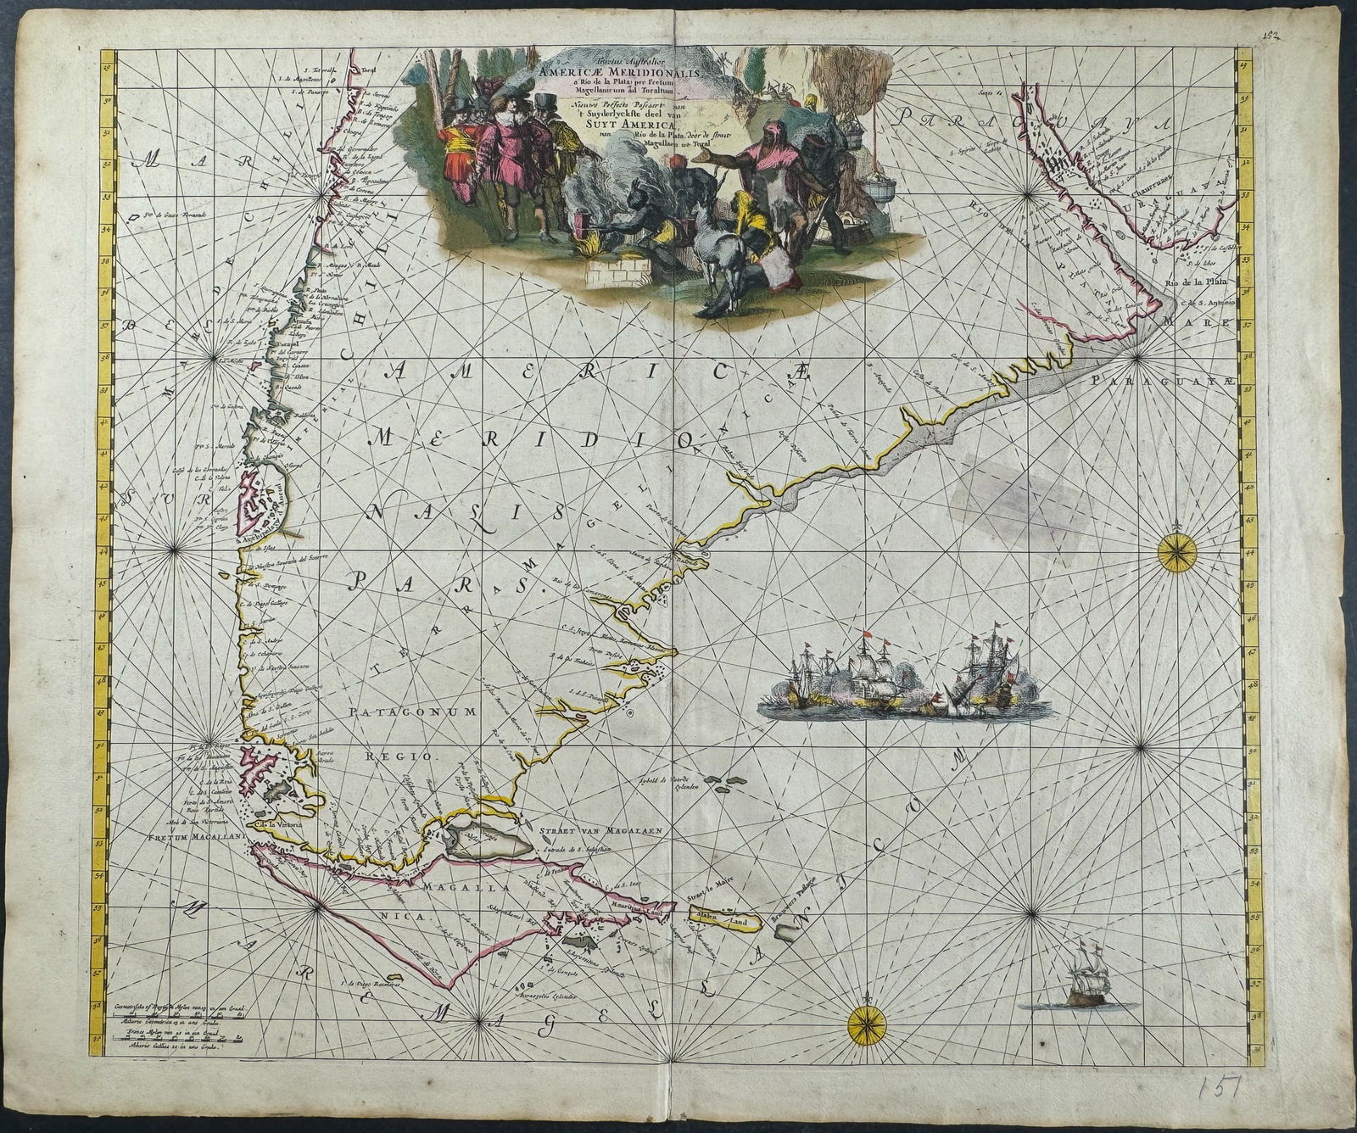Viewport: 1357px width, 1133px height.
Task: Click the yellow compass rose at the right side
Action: [x=1178, y=552]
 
